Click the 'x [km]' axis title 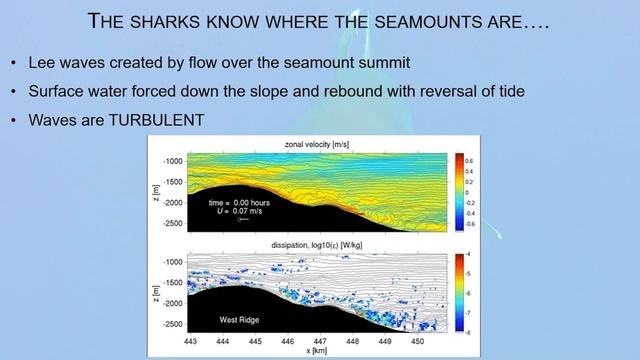click(316, 352)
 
